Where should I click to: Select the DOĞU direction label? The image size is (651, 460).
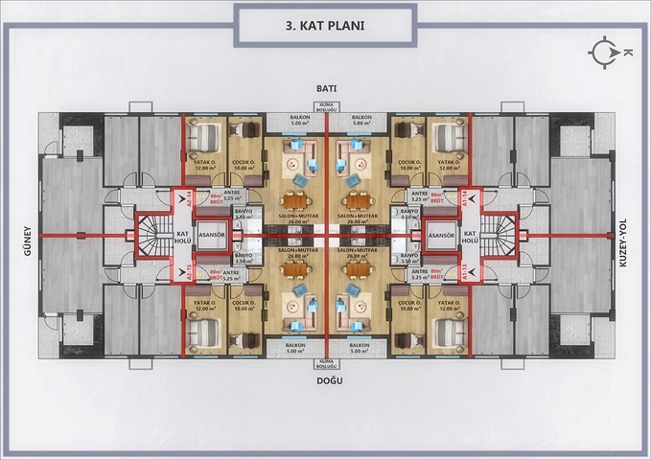pyautogui.click(x=326, y=379)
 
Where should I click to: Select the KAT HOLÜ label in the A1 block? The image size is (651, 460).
pyautogui.click(x=470, y=236)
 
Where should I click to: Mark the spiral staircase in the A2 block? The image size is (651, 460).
pyautogui.click(x=151, y=236)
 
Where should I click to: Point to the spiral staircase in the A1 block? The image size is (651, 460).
pyautogui.click(x=500, y=236)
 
